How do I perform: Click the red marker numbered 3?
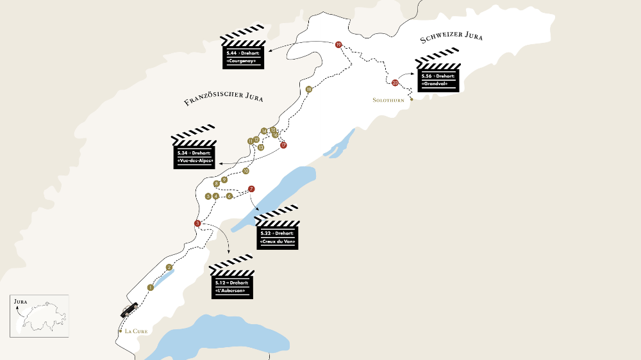pyautogui.click(x=197, y=223)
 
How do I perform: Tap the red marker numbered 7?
pyautogui.click(x=251, y=188)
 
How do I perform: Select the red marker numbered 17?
pyautogui.click(x=283, y=145)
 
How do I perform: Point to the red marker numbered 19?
pyautogui.click(x=338, y=44)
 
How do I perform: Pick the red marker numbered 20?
pyautogui.click(x=395, y=83)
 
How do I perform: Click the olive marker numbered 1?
pyautogui.click(x=150, y=288)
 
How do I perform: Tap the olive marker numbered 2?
pyautogui.click(x=169, y=267)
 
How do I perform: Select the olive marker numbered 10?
pyautogui.click(x=246, y=171)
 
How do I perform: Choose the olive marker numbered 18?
pyautogui.click(x=309, y=89)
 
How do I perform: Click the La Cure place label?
pyautogui.click(x=137, y=331)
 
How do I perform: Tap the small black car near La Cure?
pyautogui.click(x=128, y=309)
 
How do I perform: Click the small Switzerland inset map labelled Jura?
pyautogui.click(x=38, y=315)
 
